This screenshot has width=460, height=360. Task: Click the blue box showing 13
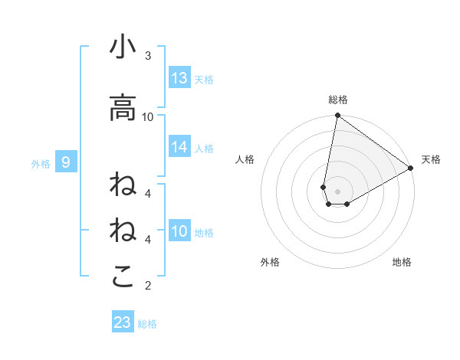click(x=179, y=78)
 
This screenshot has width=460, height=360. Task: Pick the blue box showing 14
click(x=179, y=148)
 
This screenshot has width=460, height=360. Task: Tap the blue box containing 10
click(x=179, y=232)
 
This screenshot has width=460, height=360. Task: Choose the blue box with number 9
click(x=66, y=162)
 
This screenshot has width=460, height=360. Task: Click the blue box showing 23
click(x=123, y=322)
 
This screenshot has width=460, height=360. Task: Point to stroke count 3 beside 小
click(x=148, y=56)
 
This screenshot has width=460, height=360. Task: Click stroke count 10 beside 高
click(x=148, y=116)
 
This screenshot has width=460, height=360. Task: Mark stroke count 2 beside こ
click(x=148, y=286)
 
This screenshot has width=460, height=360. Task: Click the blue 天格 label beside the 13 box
click(x=203, y=79)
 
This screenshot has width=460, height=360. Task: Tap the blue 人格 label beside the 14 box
click(x=203, y=149)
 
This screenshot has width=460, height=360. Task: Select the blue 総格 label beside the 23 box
click(x=147, y=323)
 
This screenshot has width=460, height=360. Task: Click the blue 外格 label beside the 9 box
click(x=40, y=163)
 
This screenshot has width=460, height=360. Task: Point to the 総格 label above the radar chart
click(x=338, y=100)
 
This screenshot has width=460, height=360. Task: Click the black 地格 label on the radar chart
click(x=402, y=263)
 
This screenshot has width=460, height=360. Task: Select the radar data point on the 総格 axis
click(x=337, y=116)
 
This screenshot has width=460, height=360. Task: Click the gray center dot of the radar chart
click(x=337, y=191)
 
